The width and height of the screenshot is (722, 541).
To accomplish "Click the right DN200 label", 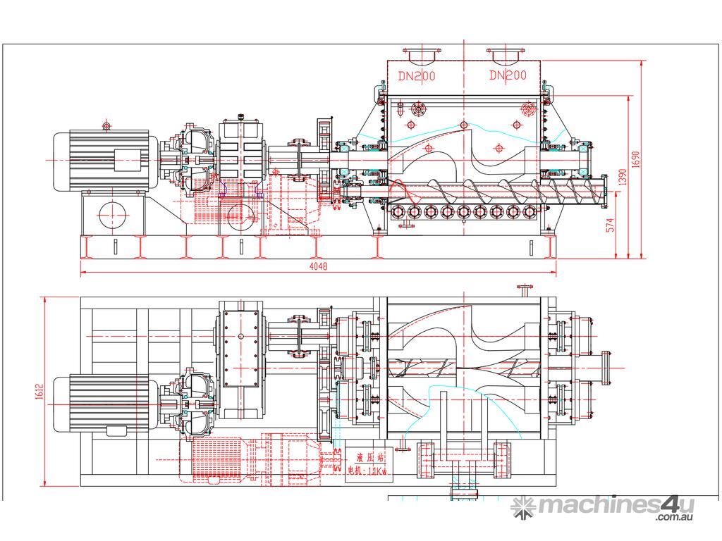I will [x=508, y=75].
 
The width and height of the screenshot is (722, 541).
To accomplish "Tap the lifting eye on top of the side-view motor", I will [x=106, y=126].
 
